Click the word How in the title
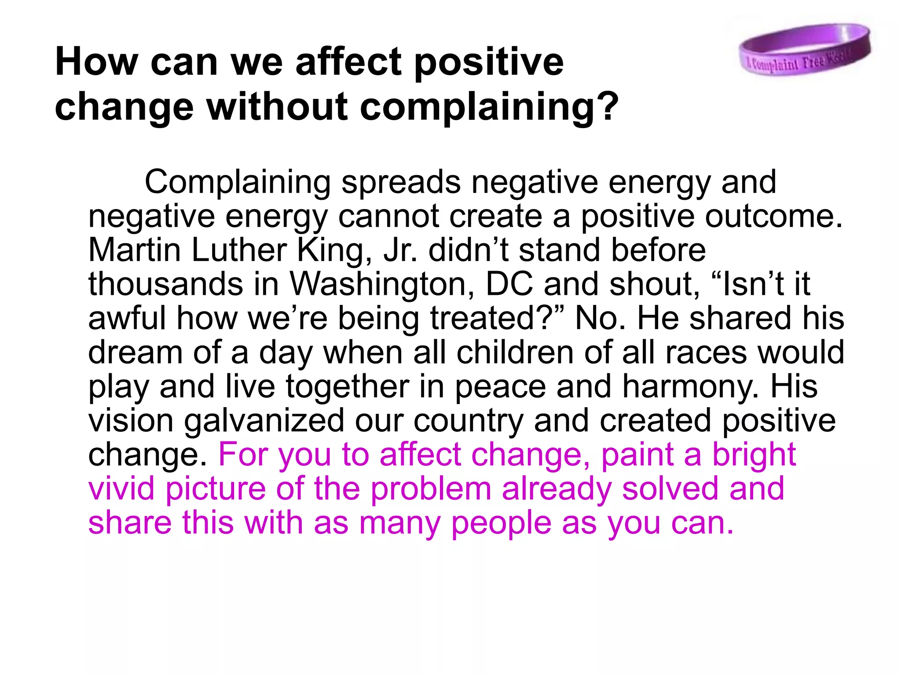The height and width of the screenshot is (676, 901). click(x=96, y=61)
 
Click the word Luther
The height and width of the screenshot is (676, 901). click(x=239, y=250)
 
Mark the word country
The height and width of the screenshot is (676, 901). click(x=468, y=420)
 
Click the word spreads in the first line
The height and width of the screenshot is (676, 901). click(x=401, y=182)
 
